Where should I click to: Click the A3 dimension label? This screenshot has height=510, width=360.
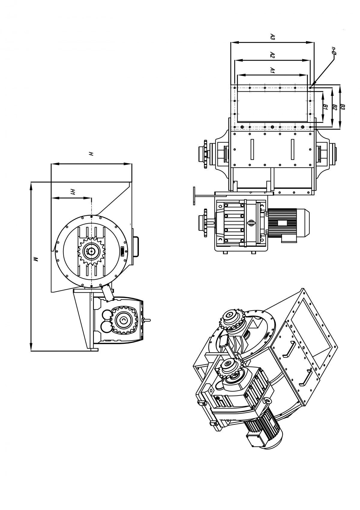coord(273,37)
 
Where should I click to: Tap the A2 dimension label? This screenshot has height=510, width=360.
coord(272,55)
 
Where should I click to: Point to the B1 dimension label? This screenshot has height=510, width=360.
coord(325,107)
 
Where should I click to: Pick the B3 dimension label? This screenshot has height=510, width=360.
coord(343,107)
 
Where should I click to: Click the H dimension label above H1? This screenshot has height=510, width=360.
coord(91,154)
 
